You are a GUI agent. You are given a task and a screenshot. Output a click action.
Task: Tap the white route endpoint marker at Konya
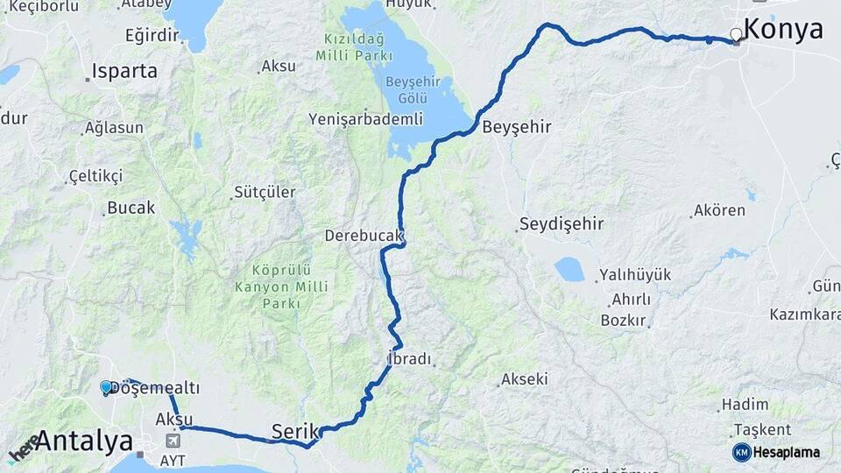[x=736, y=35]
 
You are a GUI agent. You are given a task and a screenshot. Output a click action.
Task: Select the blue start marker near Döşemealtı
[x=106, y=386]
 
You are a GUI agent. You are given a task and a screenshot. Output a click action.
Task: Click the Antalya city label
[x=83, y=441]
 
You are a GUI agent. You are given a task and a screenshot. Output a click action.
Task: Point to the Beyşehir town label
[x=517, y=127]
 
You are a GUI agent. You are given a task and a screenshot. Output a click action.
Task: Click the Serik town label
[x=293, y=431]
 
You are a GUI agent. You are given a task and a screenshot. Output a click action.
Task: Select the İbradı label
[x=409, y=360]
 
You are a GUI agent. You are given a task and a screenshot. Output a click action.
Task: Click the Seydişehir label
[x=562, y=224]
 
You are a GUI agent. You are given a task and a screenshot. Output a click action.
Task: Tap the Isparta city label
[x=124, y=72]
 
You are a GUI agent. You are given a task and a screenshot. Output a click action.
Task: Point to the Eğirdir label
[x=152, y=36]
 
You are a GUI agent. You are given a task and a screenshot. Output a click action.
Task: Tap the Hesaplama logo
[x=776, y=452]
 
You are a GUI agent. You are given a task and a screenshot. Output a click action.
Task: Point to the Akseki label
[x=524, y=379]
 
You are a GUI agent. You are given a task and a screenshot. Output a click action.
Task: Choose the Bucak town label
[x=131, y=208]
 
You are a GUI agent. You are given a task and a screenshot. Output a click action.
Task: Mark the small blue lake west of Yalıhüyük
[x=569, y=269]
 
